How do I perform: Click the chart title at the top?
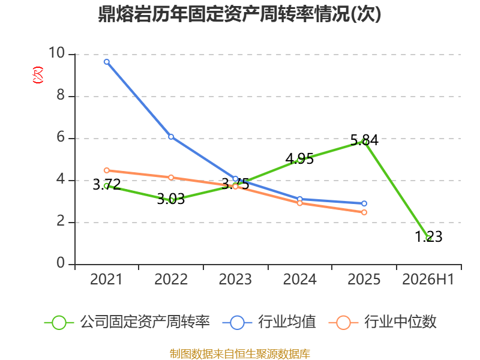239,14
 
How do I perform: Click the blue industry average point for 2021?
107,62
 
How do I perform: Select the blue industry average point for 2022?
171,137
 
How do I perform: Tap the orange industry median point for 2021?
107,170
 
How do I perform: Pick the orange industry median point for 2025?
364,212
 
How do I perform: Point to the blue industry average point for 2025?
364,203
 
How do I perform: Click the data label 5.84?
364,140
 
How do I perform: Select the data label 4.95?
299,159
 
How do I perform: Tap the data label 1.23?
428,236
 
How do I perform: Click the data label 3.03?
171,199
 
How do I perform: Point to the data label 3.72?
107,185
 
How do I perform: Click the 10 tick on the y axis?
56,53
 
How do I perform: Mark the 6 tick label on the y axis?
61,137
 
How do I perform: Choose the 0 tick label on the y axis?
61,263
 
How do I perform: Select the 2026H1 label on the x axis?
428,279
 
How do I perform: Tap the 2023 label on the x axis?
235,279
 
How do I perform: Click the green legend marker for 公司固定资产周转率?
59,323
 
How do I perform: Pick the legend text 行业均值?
287,322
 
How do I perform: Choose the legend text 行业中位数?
400,322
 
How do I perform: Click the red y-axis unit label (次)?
38,74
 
